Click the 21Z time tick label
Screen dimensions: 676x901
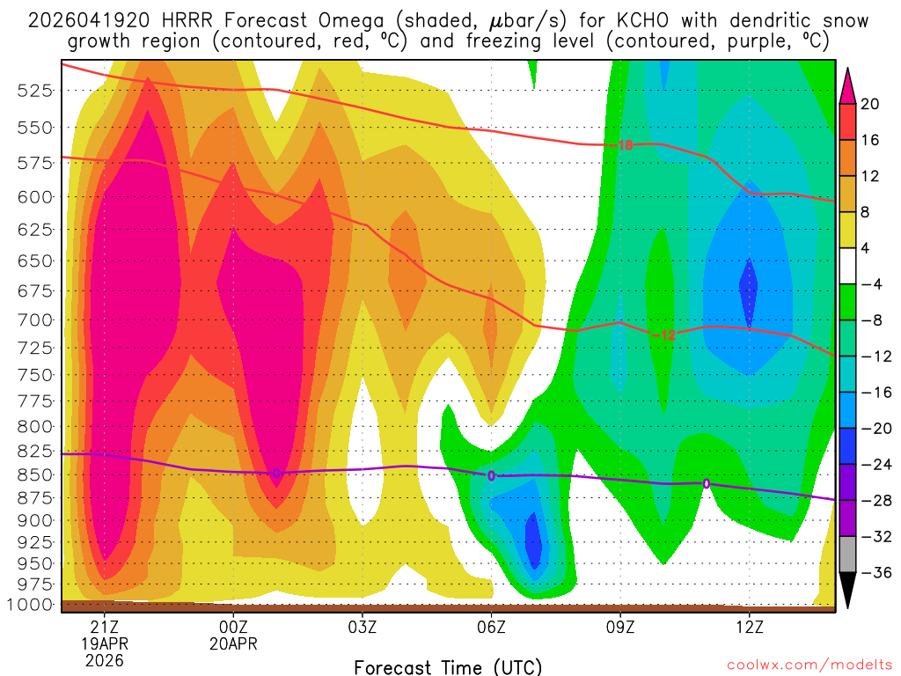(105, 627)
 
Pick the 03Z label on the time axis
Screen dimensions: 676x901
(363, 627)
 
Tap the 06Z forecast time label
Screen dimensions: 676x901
(491, 627)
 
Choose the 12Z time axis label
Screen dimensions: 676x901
(749, 627)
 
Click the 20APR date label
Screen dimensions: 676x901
(233, 643)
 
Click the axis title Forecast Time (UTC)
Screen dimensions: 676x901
(449, 666)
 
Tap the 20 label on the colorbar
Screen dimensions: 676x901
(870, 104)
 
